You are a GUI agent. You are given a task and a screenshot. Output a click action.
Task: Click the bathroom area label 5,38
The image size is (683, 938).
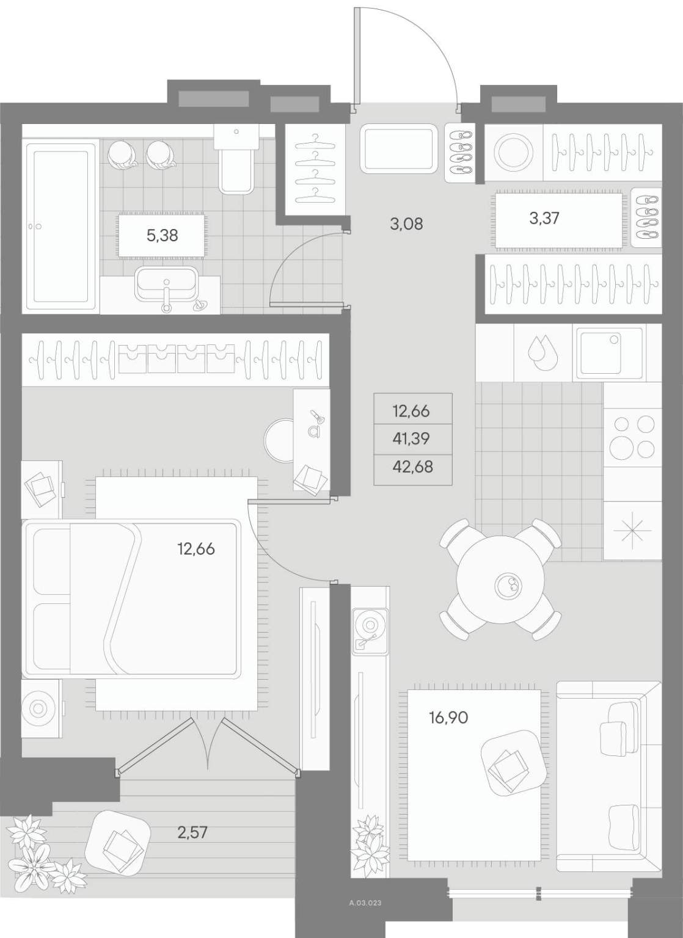[162, 235]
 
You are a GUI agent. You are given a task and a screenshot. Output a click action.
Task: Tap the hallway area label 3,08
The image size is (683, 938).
[406, 224]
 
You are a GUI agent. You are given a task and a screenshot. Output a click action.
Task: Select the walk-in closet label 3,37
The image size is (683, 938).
[544, 218]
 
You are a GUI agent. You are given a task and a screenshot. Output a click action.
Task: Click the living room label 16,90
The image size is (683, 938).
[448, 718]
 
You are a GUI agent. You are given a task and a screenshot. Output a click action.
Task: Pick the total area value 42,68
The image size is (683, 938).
[413, 467]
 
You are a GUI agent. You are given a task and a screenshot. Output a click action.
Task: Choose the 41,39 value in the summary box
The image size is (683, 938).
[411, 439]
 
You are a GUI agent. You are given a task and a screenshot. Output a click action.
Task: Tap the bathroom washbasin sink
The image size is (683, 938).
[167, 283]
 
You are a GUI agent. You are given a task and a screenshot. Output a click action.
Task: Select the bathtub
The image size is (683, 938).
[60, 227]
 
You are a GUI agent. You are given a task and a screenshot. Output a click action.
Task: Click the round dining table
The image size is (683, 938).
[501, 584]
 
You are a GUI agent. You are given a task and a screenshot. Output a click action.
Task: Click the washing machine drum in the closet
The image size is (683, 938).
[514, 153]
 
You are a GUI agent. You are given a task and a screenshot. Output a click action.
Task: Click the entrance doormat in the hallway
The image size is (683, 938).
[399, 148]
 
